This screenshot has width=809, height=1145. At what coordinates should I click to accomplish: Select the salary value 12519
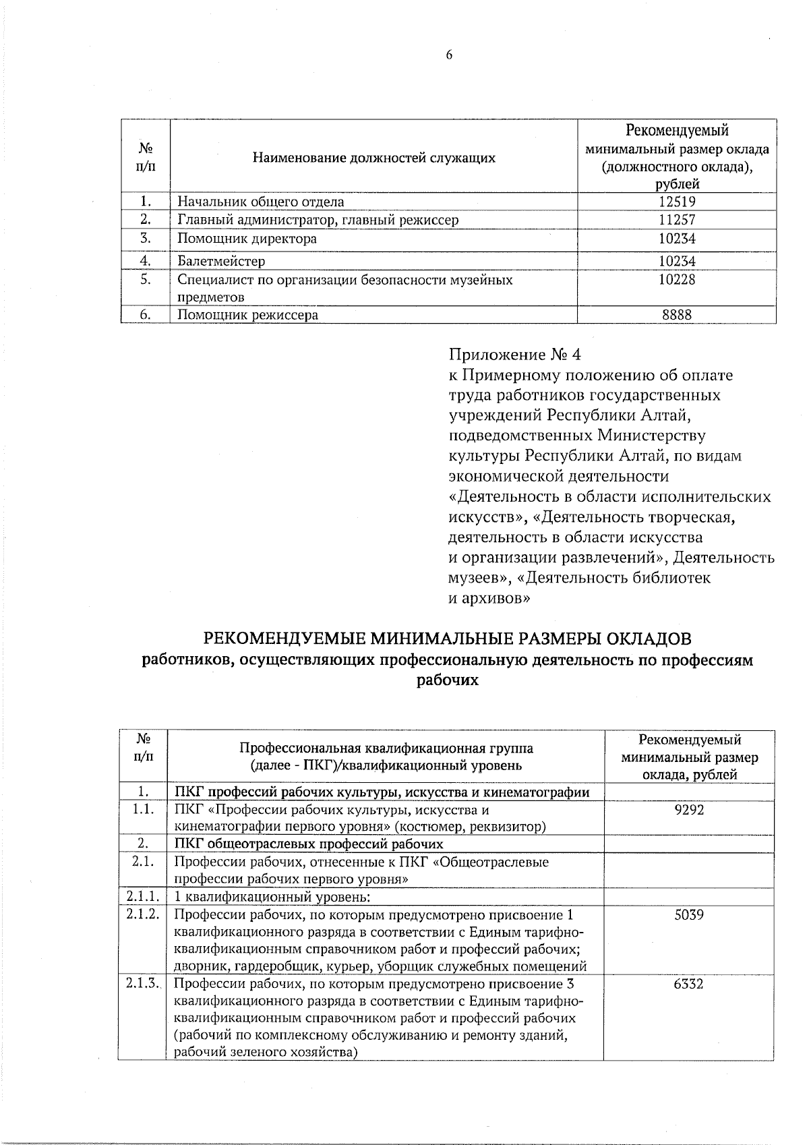coord(677,201)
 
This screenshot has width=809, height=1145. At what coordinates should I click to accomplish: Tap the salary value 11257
coord(677,219)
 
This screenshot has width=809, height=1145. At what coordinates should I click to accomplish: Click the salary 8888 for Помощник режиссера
coord(677,314)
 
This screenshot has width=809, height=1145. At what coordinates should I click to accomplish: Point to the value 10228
coord(677,279)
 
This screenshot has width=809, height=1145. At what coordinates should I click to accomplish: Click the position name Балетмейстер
coord(221,261)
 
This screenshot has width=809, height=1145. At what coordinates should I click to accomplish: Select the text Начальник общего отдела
coord(260,201)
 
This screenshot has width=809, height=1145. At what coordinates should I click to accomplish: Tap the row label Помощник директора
coord(247,239)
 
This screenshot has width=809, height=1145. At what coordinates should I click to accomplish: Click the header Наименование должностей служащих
coord(373,158)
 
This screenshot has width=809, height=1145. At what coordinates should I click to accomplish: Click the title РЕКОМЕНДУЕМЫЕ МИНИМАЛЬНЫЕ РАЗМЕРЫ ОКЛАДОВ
coord(448,638)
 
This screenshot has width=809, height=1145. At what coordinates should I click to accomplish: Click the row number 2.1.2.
coord(142,915)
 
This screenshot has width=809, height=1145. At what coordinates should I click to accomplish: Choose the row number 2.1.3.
coord(142,984)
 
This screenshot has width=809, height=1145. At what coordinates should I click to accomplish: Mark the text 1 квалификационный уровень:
coord(273,897)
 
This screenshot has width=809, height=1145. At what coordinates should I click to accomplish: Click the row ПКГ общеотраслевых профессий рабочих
coord(309,844)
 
